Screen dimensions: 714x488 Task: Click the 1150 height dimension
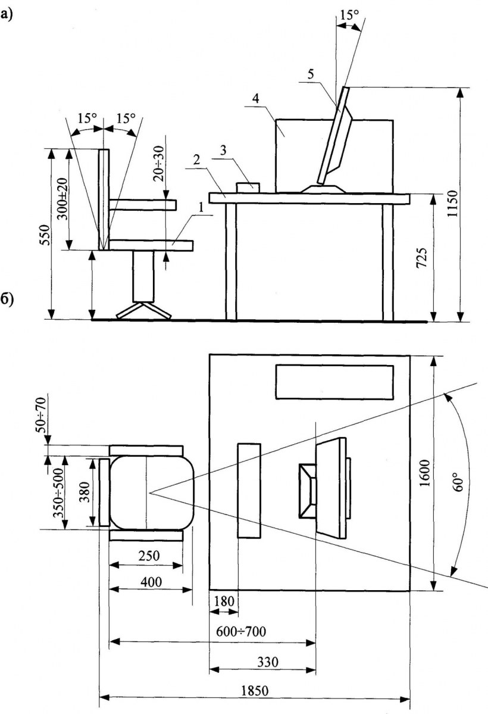coord(454,205)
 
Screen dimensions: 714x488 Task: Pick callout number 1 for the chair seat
coord(202,208)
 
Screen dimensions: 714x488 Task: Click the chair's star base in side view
coord(143,310)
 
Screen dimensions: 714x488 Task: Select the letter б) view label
coord(7,298)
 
